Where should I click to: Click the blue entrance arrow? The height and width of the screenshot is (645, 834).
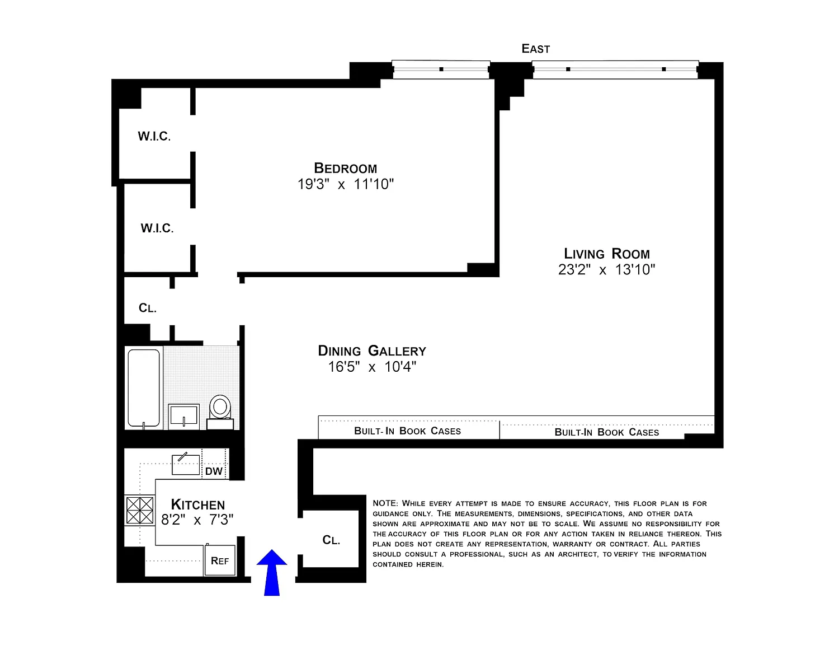click(x=271, y=572)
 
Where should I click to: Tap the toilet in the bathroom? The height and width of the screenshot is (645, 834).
click(x=220, y=412)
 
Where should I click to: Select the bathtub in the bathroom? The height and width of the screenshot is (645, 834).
click(x=144, y=387)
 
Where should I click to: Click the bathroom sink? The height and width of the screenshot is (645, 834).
click(x=184, y=416)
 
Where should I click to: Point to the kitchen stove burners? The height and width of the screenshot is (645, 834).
click(x=140, y=511)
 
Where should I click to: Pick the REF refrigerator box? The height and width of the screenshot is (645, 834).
click(x=219, y=560)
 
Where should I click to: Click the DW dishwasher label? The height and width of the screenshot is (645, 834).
click(x=214, y=471)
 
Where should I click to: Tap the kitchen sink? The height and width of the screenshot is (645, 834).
click(x=186, y=464)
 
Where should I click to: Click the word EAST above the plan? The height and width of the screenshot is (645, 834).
click(x=535, y=49)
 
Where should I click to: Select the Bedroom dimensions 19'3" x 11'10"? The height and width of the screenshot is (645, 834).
click(x=346, y=184)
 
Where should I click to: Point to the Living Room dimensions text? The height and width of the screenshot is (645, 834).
click(x=606, y=270)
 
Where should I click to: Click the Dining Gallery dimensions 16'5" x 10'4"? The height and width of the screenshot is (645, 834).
click(x=372, y=367)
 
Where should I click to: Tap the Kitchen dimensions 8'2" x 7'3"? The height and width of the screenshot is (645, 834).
click(x=197, y=520)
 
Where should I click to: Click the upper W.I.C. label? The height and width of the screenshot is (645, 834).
click(x=154, y=136)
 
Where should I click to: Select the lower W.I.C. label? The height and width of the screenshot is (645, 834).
click(x=157, y=228)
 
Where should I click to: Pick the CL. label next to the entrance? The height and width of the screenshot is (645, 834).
click(x=331, y=540)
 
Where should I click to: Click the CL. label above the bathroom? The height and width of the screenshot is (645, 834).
click(x=147, y=308)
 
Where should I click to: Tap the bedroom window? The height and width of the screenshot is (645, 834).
click(x=441, y=69)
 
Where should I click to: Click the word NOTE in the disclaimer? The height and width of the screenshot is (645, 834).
click(x=386, y=503)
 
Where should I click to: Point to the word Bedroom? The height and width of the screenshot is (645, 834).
click(x=346, y=169)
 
